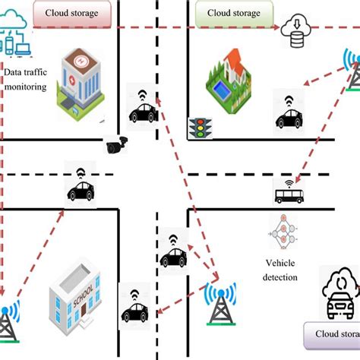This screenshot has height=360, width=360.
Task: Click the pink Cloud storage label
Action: coord(72,13)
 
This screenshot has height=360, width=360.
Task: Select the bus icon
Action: coord(288,197)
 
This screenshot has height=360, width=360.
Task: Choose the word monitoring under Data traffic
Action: coord(25,87)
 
